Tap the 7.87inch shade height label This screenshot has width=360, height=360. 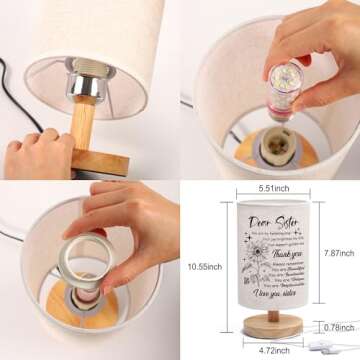pyautogui.click(x=337, y=254)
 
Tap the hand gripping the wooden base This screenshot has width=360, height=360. pyautogui.click(x=35, y=150)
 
